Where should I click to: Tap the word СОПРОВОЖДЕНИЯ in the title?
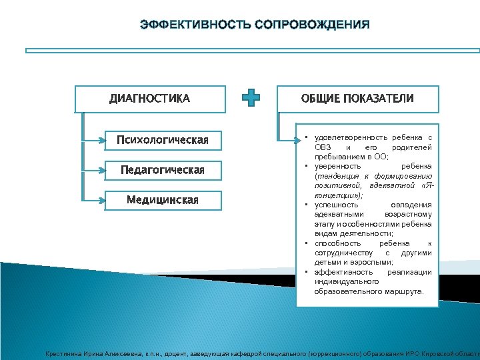(311, 25)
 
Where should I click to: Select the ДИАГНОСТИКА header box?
(150, 99)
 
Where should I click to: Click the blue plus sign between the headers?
(251, 99)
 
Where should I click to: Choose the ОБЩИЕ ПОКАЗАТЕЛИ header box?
(357, 99)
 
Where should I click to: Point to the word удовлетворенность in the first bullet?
(344, 137)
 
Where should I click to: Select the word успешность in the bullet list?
(336, 205)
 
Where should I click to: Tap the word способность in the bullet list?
(337, 243)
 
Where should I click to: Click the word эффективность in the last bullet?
(341, 272)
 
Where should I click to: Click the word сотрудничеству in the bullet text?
(340, 253)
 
